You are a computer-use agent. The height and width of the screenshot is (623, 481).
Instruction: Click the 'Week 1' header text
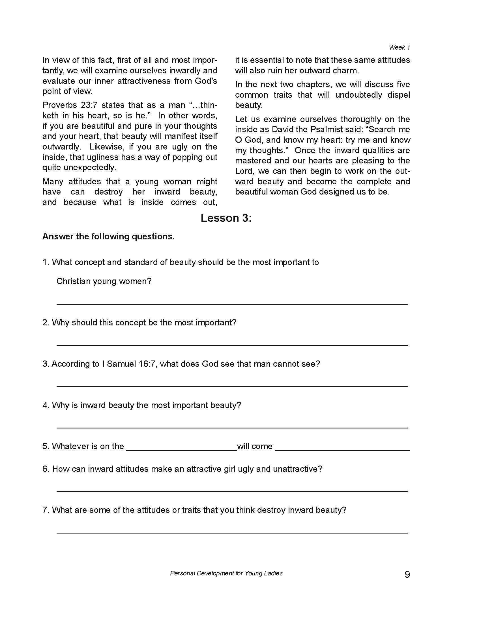point(399,47)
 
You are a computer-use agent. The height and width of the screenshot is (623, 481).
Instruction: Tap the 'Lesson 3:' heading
point(226,218)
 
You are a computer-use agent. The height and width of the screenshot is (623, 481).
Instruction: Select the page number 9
point(407,574)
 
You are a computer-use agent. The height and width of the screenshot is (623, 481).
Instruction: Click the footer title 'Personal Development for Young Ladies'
point(226,573)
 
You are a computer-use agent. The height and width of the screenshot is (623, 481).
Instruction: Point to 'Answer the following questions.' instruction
point(108,236)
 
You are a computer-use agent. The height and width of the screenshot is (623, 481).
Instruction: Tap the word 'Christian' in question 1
point(72,281)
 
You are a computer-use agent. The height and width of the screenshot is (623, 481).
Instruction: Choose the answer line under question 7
point(232,532)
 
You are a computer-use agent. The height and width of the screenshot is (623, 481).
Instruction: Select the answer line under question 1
point(232,304)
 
